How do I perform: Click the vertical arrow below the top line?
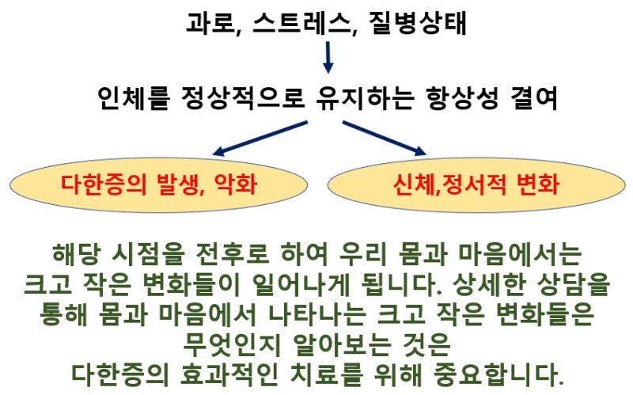(328, 57)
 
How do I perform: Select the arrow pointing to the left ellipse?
(261, 137)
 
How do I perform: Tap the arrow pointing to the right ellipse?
(385, 137)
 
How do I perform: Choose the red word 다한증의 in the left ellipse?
(98, 187)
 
